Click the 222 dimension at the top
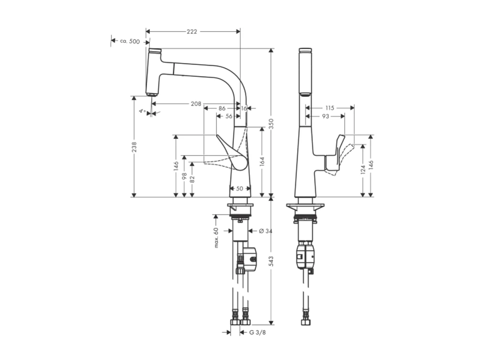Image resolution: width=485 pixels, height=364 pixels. coord(192,32)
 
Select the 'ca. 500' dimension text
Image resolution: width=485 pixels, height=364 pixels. coord(130,41)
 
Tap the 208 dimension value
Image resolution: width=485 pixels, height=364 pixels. coord(196,104)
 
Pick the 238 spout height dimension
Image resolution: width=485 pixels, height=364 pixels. coord(134,147)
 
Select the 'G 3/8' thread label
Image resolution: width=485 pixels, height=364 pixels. coord(258,332)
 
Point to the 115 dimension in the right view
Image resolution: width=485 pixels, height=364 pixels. coord(330,108)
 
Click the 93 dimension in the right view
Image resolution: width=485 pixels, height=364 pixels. coord(325,116)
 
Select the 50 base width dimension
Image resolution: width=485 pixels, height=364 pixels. coord(240,189)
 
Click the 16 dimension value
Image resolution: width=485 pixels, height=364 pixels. coord(244,108)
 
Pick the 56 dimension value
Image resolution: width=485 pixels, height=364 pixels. coord(229,116)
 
